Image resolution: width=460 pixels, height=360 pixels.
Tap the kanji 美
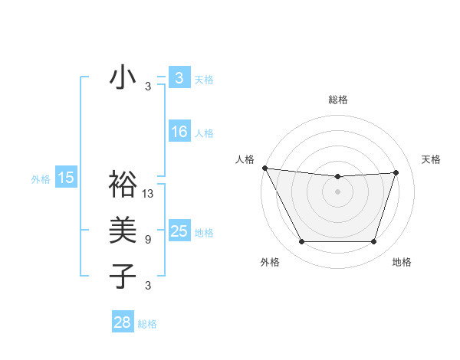[x=123, y=229]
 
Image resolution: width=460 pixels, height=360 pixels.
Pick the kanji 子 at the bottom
[x=123, y=275]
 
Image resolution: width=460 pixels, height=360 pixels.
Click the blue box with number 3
[x=179, y=78]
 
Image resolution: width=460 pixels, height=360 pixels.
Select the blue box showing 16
[x=179, y=132]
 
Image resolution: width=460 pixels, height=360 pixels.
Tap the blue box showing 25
[x=179, y=231]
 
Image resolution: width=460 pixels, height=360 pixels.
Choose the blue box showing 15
[x=65, y=178]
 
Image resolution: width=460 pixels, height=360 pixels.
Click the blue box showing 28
[x=123, y=322]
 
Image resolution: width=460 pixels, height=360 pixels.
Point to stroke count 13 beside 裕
[x=148, y=194]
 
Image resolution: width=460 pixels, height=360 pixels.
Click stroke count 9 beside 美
[x=148, y=240]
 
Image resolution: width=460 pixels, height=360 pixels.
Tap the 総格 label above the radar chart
[x=338, y=100]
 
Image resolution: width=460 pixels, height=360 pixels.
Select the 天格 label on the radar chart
[x=431, y=159]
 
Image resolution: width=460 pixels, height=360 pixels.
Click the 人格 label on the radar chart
[x=245, y=159]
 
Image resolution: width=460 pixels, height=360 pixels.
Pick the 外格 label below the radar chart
[x=270, y=263]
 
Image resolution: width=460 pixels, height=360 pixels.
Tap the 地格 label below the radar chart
[x=402, y=263]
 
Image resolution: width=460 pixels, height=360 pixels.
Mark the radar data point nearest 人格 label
[x=264, y=168]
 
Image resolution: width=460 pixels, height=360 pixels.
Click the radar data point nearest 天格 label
[x=396, y=172]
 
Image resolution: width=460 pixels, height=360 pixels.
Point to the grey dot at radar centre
[x=338, y=191]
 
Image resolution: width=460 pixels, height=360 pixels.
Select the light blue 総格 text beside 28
[x=147, y=324]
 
